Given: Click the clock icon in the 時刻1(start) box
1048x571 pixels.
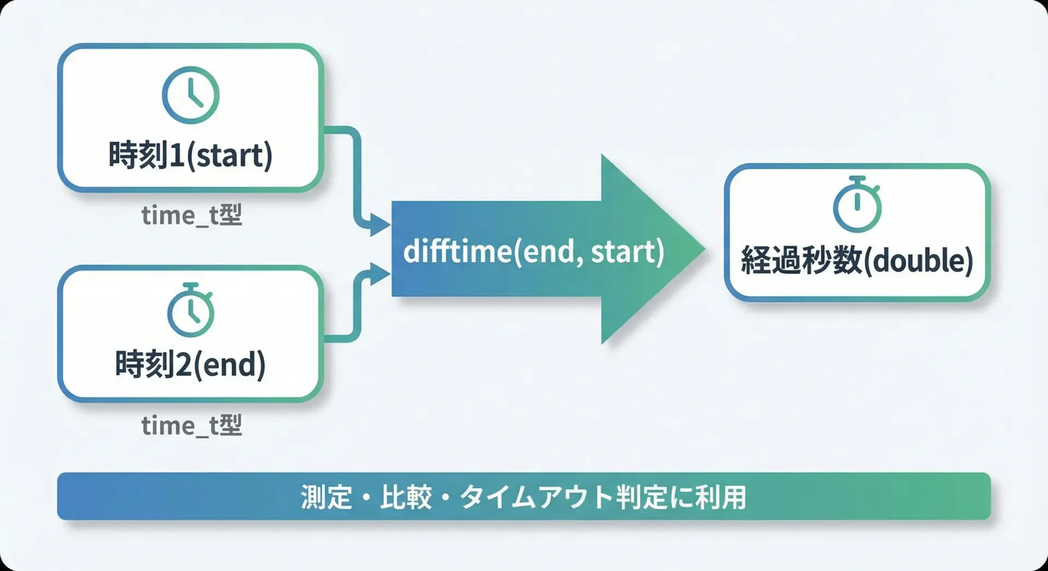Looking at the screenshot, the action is (190, 95).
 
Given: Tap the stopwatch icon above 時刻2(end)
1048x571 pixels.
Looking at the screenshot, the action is (190, 310).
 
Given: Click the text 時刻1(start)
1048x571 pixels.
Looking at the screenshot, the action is (190, 155).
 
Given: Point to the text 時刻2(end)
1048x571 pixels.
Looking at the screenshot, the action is (190, 364).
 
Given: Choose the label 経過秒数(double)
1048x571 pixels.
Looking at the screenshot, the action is (857, 260).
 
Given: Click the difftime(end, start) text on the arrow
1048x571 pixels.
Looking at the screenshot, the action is (534, 251).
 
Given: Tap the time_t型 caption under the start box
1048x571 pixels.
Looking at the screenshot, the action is (192, 215).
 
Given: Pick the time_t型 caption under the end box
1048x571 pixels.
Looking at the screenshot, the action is (192, 425).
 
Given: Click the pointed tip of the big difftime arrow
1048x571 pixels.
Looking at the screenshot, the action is (705, 249).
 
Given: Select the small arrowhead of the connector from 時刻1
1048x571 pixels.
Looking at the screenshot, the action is (380, 224).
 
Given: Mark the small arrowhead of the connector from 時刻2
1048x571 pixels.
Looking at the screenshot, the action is (380, 274).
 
